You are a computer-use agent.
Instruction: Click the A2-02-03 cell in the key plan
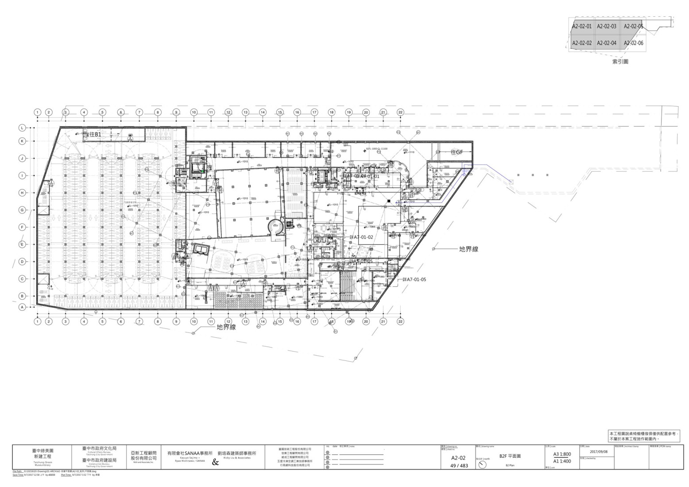606,26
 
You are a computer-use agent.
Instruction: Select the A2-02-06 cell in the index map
633,43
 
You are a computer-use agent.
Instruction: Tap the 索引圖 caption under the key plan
620,62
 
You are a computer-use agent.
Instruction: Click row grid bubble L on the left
22,128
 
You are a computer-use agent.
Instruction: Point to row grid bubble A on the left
22,307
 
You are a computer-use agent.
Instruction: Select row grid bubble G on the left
22,210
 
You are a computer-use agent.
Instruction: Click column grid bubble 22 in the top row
400,112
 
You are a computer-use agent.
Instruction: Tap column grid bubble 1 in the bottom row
38,321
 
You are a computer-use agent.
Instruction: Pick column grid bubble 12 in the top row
228,112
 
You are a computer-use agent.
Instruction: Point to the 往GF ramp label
457,152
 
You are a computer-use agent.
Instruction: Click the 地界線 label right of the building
468,249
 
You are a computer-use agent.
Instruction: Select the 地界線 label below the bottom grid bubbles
226,327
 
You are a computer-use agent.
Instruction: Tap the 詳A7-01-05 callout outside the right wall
414,279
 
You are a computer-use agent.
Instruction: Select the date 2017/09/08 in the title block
599,452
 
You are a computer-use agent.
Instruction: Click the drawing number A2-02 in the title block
458,458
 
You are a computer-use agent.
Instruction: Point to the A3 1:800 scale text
562,454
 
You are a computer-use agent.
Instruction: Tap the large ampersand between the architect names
216,463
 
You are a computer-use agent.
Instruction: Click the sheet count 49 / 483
459,465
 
